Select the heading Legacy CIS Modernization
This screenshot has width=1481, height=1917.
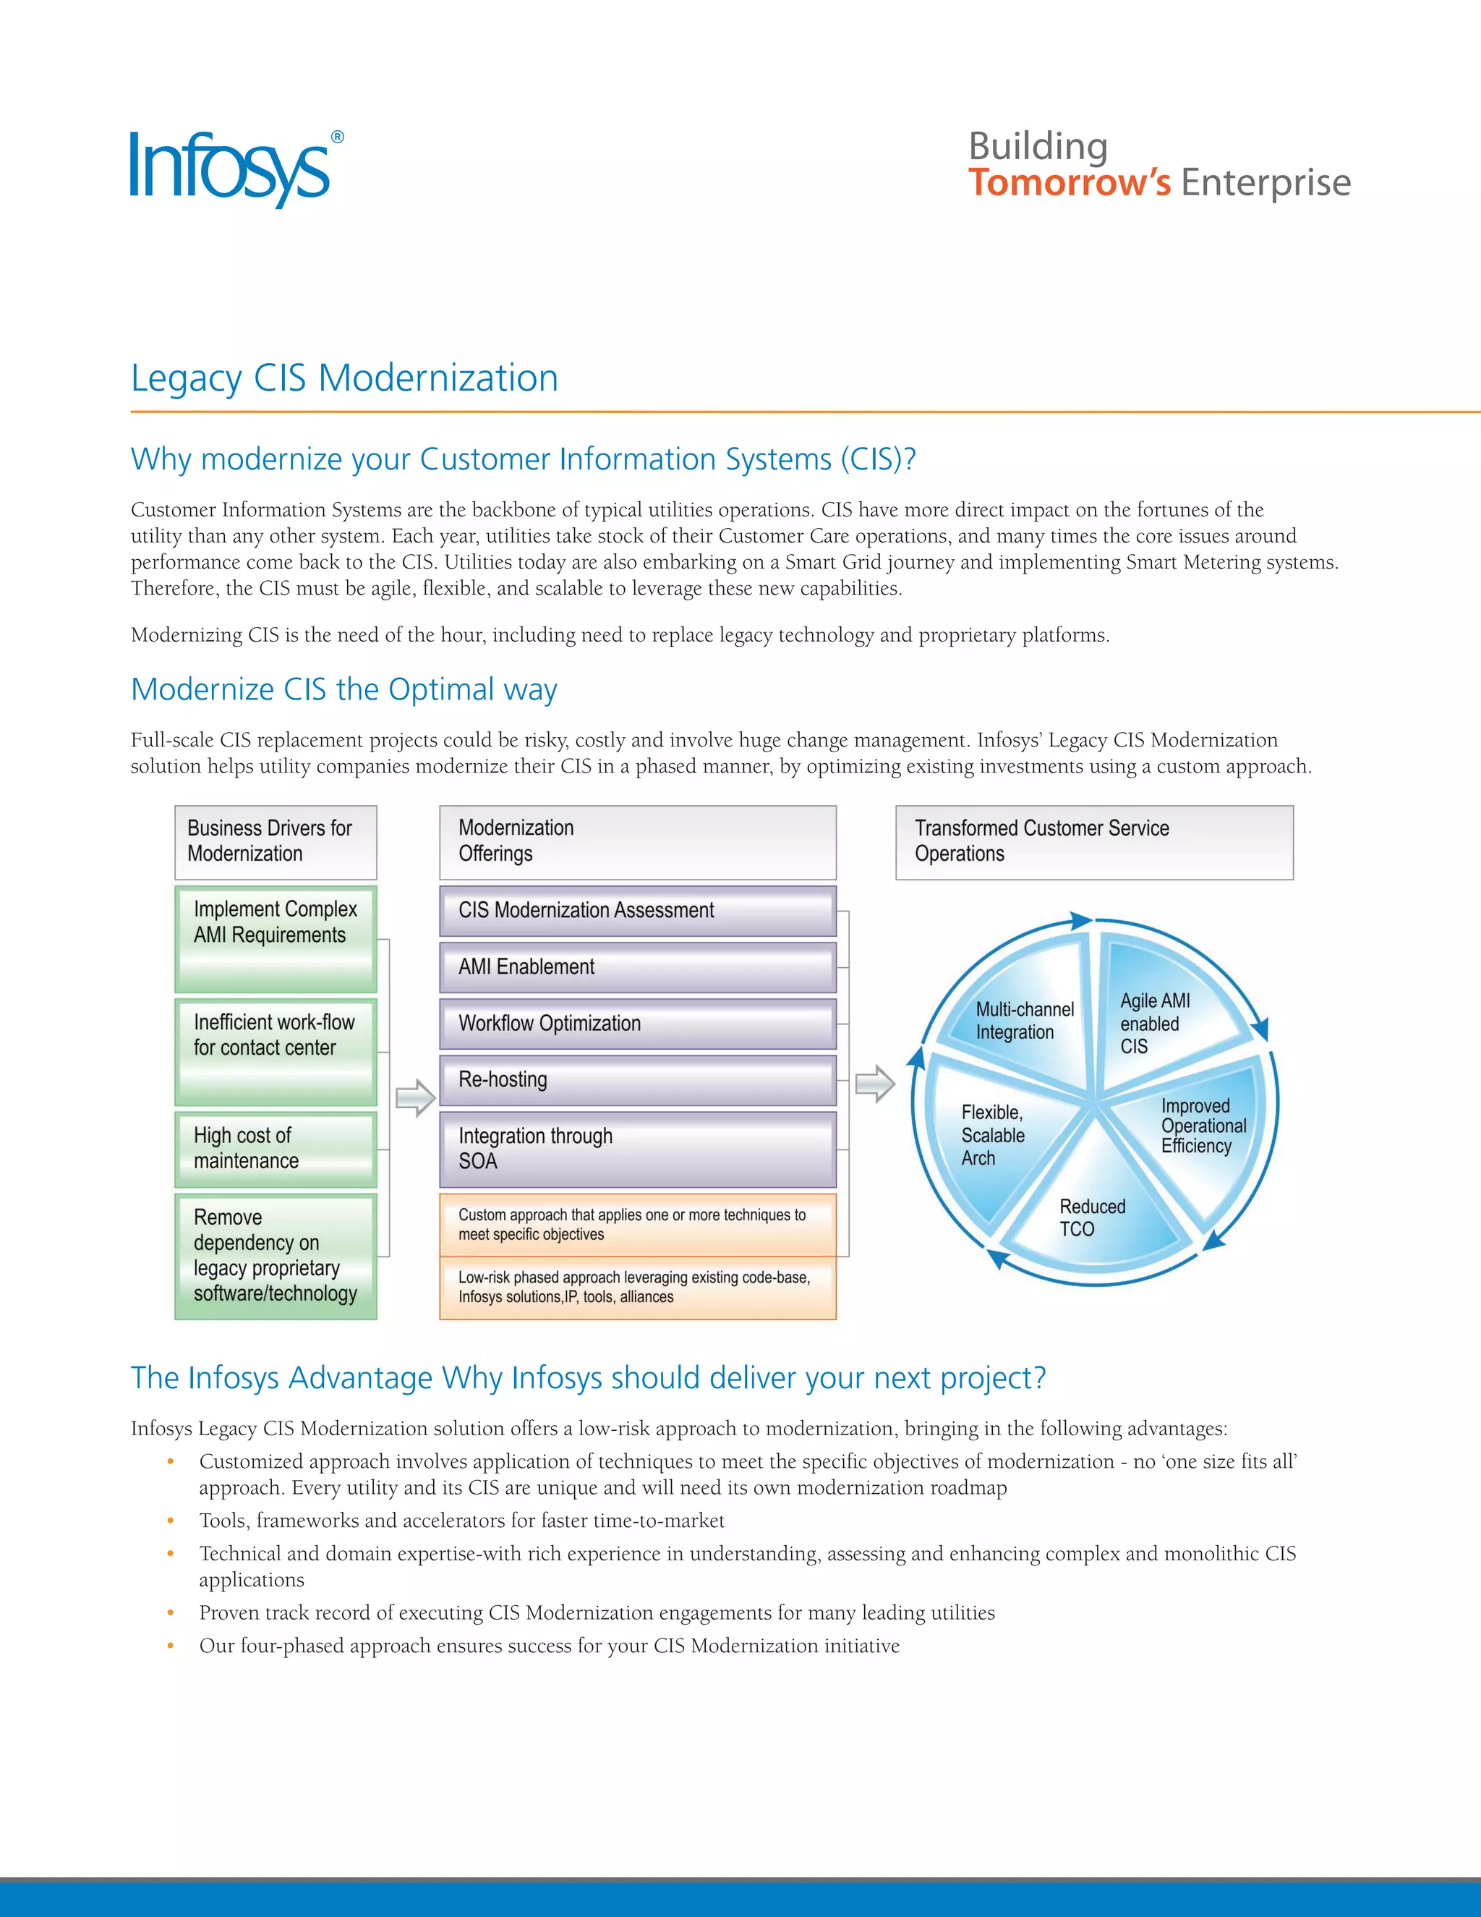pyautogui.click(x=344, y=378)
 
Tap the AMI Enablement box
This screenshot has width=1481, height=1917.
pyautogui.click(x=637, y=966)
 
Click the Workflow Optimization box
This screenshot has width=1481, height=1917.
pyautogui.click(x=637, y=1024)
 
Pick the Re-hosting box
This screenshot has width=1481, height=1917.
pyautogui.click(x=637, y=1079)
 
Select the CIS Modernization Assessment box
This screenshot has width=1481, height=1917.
pyautogui.click(x=637, y=910)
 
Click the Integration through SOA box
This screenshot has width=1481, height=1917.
pyautogui.click(x=637, y=1149)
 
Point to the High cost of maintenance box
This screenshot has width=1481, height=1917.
pyautogui.click(x=276, y=1149)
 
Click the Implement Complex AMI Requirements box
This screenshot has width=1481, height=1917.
pyautogui.click(x=276, y=938)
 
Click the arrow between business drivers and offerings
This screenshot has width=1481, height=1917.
pyautogui.click(x=415, y=1098)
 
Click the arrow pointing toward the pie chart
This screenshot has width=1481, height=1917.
pyautogui.click(x=874, y=1084)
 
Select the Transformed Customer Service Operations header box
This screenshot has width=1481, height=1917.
pyautogui.click(x=1093, y=842)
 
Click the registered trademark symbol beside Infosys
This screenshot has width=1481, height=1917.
pyautogui.click(x=337, y=137)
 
